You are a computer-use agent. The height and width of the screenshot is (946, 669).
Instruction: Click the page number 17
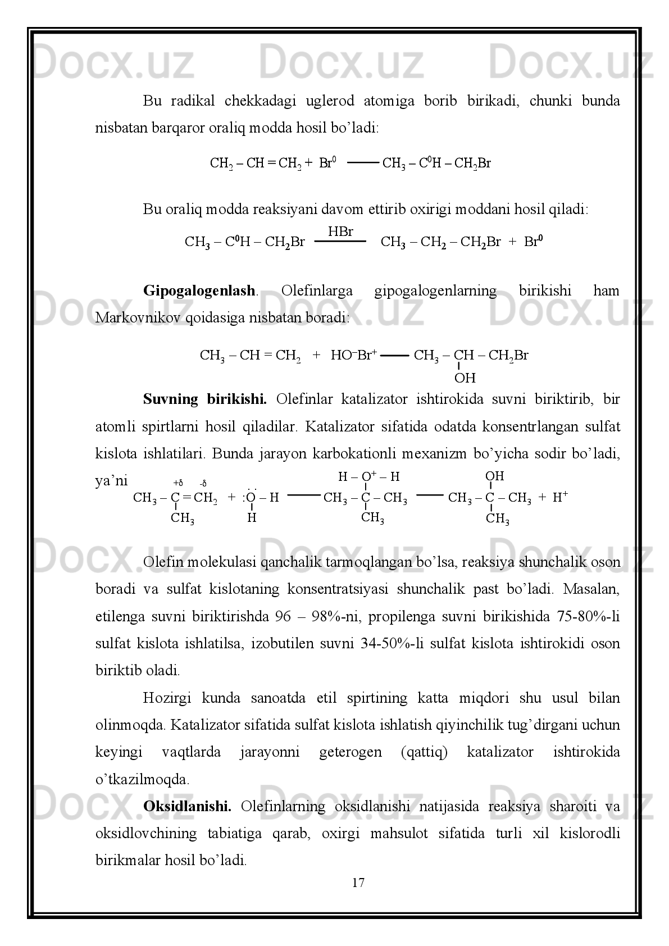click(358, 883)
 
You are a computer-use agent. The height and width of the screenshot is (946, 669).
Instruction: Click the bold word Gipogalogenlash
click(199, 291)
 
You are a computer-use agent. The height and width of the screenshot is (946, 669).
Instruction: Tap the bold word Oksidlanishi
click(187, 807)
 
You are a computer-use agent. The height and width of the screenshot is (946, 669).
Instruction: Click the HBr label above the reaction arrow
click(340, 231)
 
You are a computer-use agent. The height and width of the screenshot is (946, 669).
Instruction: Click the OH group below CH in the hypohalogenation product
click(465, 378)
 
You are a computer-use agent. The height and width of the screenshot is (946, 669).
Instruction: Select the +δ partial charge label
click(178, 483)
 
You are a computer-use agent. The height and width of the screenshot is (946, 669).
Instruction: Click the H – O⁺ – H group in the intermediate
click(368, 477)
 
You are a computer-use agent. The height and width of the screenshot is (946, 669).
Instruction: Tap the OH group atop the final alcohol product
click(494, 476)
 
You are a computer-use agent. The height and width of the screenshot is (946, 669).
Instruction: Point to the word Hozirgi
click(167, 698)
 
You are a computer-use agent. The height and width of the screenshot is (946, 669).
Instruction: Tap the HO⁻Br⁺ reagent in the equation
click(353, 355)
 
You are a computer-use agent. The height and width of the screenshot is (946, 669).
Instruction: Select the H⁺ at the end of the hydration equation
click(561, 497)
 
